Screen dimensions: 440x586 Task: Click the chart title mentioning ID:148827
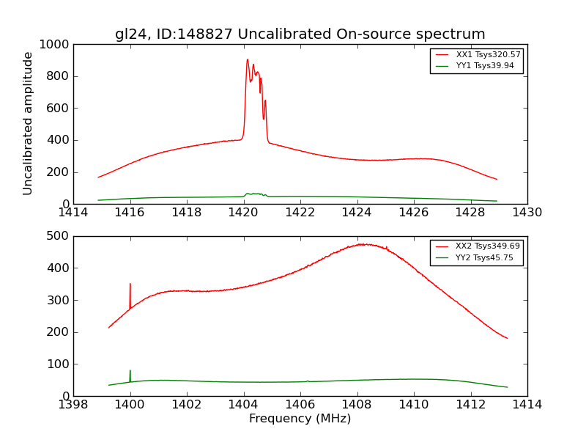[x=300, y=34]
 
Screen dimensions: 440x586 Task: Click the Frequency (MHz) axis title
[x=300, y=419]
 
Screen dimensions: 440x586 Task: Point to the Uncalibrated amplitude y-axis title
[x=29, y=123]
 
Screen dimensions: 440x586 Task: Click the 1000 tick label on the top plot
[x=56, y=45]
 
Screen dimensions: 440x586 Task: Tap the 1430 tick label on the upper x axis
[x=527, y=212]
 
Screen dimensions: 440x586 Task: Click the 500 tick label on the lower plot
[x=59, y=236]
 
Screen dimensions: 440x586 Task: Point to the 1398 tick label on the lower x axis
[x=73, y=404]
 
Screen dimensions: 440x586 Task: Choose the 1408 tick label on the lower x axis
[x=357, y=404]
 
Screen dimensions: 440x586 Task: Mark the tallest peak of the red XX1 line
[x=248, y=60]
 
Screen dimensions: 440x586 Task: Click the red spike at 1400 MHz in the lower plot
[x=130, y=285]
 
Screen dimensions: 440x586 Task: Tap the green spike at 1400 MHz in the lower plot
[x=130, y=371]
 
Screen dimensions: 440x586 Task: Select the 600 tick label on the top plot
[x=59, y=109]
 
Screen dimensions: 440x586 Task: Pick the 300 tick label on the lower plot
[x=59, y=300]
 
